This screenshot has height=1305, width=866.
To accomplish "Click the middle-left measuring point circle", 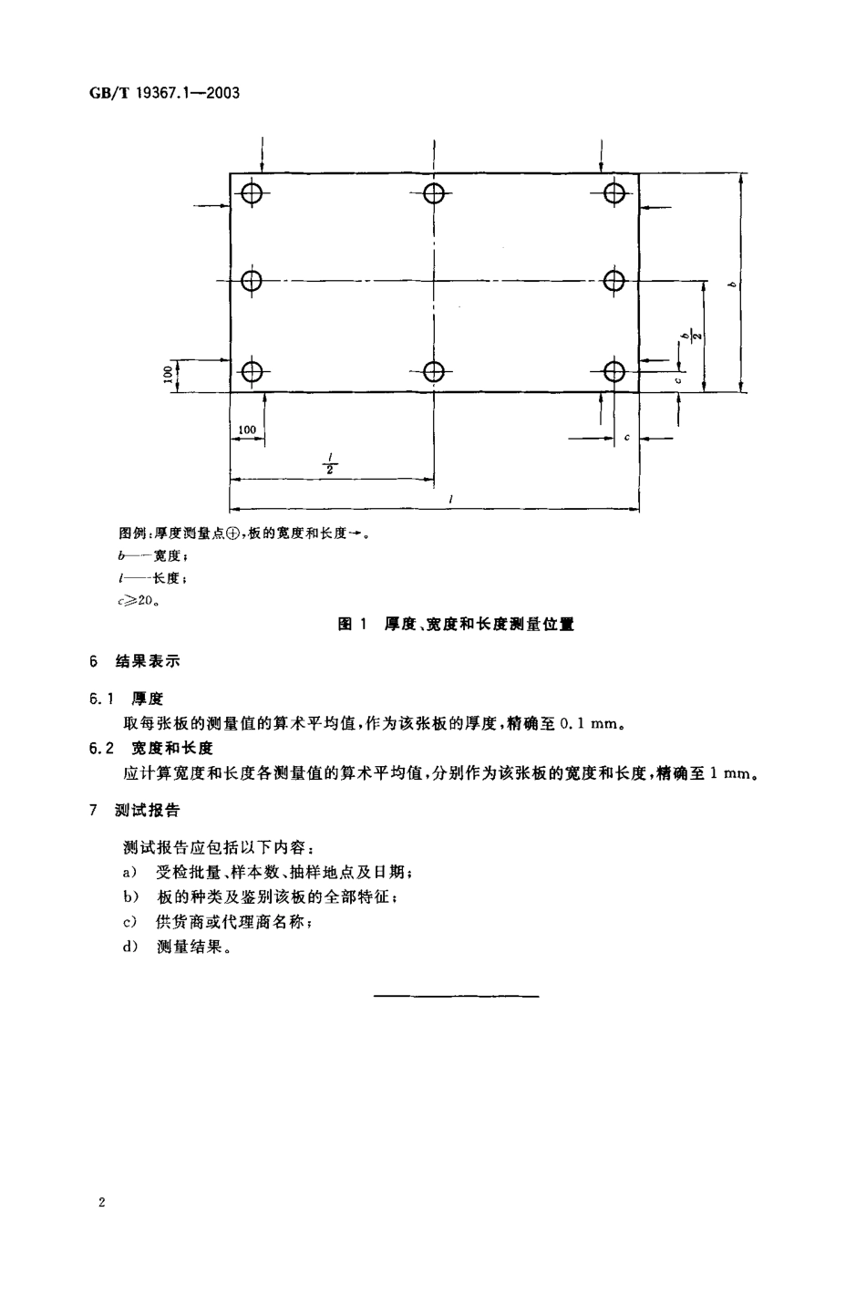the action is click(252, 280).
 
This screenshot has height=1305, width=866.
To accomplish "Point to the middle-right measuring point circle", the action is click(615, 280).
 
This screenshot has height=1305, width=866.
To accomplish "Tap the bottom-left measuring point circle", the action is click(252, 371).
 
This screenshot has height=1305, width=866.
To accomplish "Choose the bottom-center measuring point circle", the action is click(434, 371).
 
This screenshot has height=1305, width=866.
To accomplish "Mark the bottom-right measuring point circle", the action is click(615, 371).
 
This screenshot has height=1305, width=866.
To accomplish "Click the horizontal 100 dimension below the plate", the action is click(246, 430).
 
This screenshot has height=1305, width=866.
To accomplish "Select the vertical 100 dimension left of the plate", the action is click(169, 374).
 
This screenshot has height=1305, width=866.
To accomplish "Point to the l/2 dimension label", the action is click(330, 464).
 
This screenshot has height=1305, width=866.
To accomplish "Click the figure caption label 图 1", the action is click(351, 625).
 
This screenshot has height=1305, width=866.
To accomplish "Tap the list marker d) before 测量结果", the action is click(129, 948).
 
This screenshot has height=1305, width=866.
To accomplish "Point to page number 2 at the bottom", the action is click(102, 1203).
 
